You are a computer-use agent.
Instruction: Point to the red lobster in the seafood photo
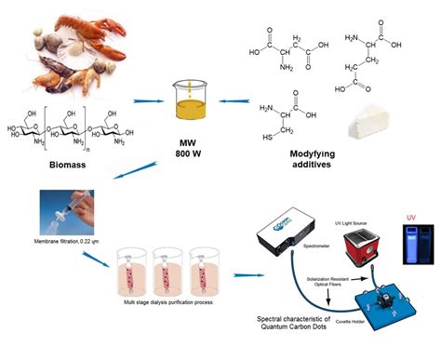[70, 28]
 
